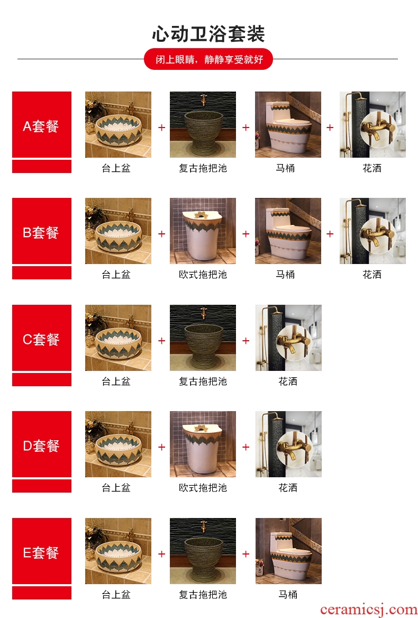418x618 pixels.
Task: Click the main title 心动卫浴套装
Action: tap(208, 34)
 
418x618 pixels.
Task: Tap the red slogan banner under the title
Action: tap(208, 59)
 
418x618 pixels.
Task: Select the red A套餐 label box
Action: tap(42, 124)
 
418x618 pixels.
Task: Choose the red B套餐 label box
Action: tap(42, 231)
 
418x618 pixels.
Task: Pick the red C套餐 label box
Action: tap(42, 338)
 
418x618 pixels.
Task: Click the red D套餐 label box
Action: tap(42, 444)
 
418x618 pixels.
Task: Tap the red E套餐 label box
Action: tap(42, 551)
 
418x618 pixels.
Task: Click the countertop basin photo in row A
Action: tap(118, 124)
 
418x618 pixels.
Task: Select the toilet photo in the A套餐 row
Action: tap(288, 124)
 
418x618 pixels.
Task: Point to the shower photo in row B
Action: tap(372, 231)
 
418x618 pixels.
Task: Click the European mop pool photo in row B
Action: tap(203, 231)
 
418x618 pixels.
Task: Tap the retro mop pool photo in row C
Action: tap(203, 338)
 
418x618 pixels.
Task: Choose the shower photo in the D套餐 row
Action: tap(288, 444)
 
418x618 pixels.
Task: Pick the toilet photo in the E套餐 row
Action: tap(288, 551)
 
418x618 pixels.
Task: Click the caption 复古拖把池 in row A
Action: tap(203, 168)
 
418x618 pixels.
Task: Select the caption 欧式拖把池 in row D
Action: tap(203, 488)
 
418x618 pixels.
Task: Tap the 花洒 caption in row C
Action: tap(288, 381)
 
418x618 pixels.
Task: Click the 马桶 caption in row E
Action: tap(288, 595)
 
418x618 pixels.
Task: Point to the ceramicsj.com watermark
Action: tap(368, 610)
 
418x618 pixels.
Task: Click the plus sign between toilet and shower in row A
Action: tap(330, 128)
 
